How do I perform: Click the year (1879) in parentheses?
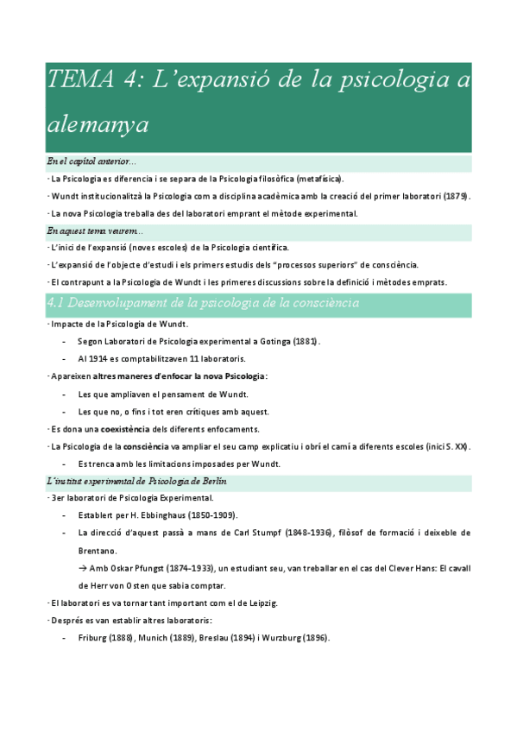coord(457,196)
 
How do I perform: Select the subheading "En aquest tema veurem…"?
coord(96,230)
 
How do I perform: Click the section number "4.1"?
coord(60,302)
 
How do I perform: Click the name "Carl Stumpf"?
coord(264,533)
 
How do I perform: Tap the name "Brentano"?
coord(98,550)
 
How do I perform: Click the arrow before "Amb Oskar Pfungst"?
coord(83,568)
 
